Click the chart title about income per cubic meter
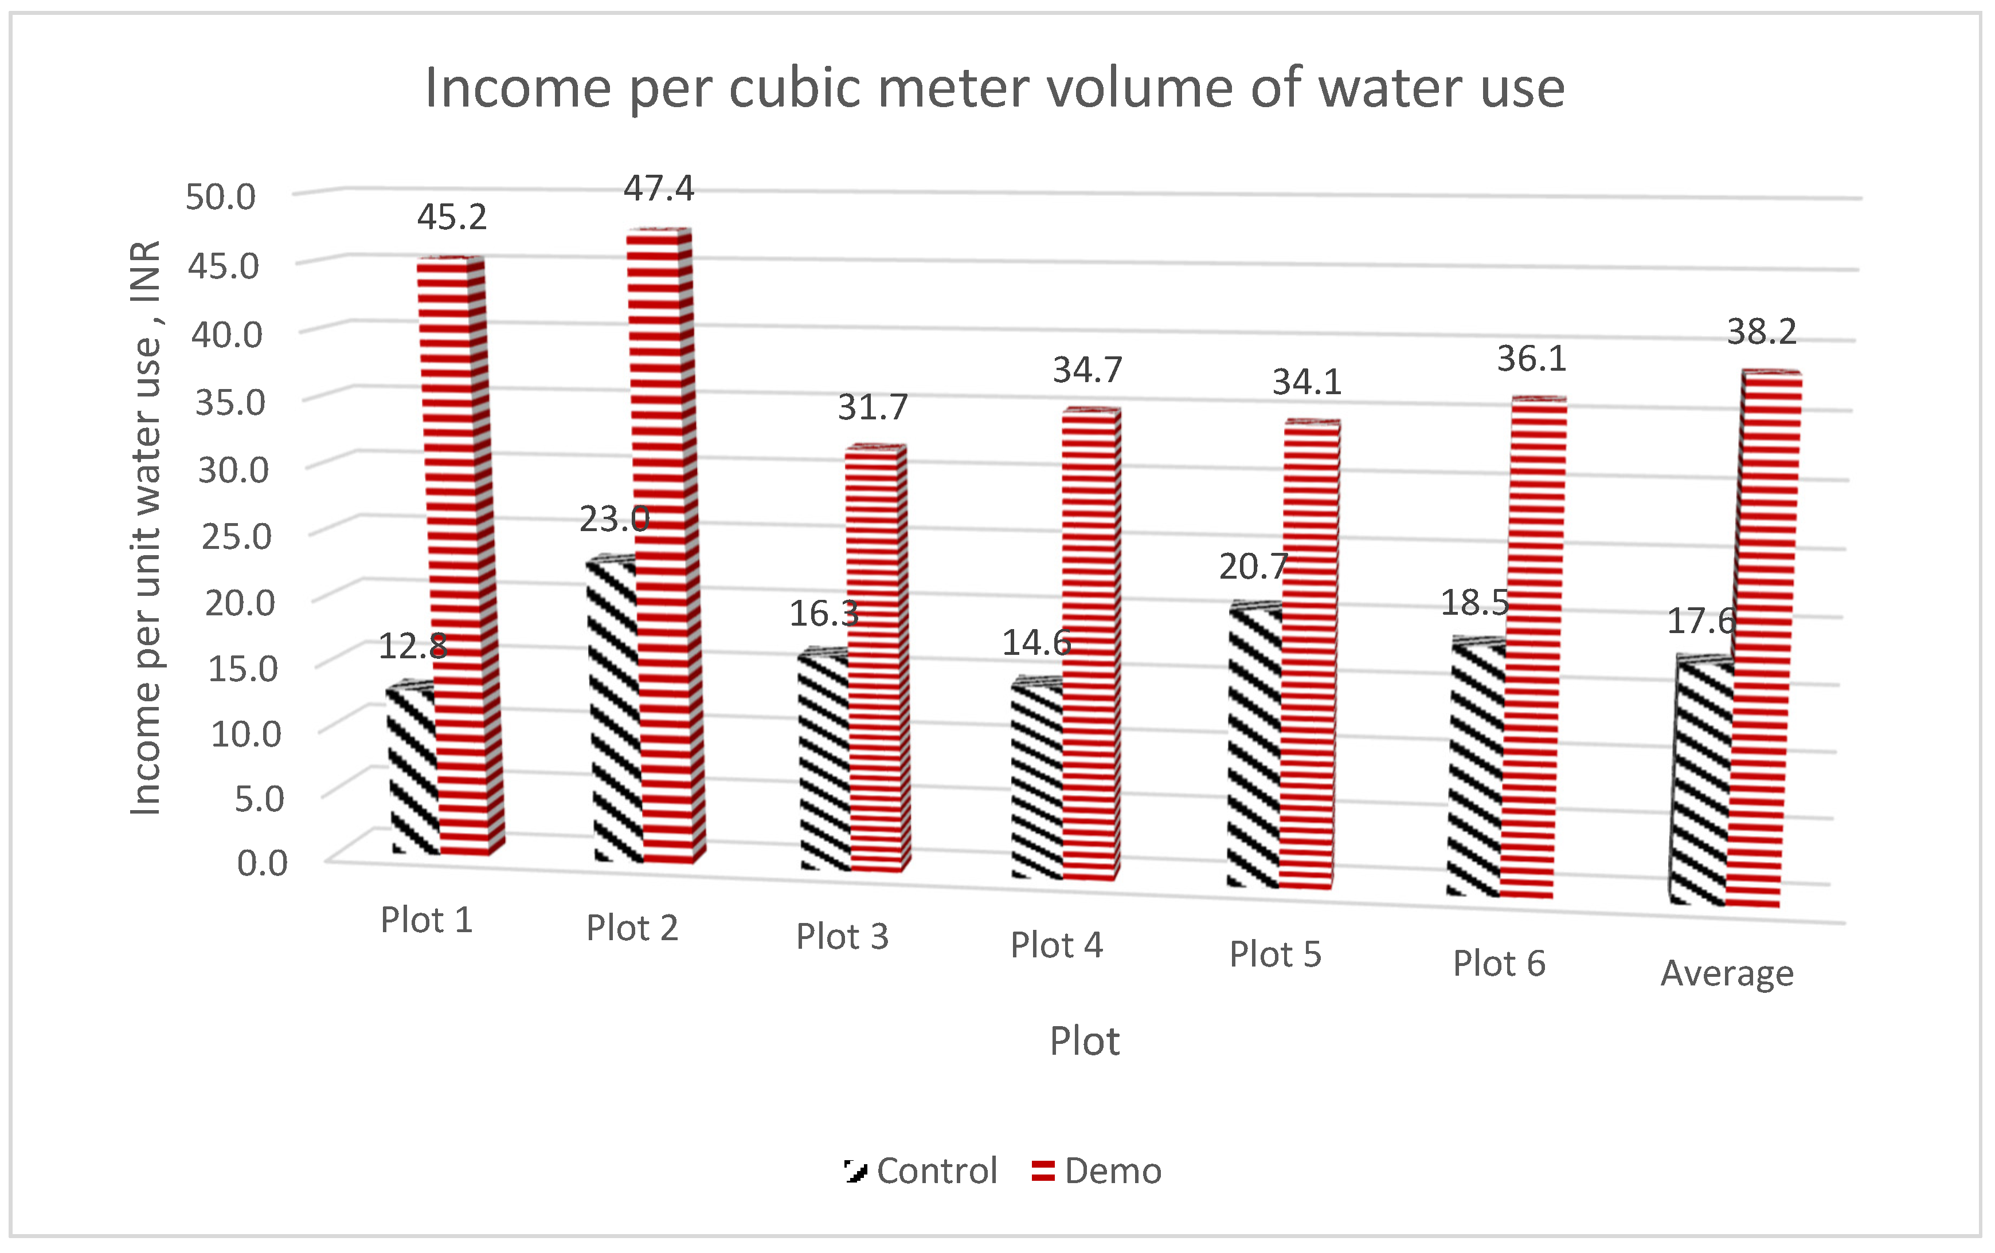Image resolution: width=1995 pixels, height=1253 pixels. [994, 88]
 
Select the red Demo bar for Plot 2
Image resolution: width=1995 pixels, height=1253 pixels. [663, 547]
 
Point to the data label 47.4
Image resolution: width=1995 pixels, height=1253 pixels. [659, 189]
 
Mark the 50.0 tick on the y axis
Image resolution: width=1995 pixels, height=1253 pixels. [220, 197]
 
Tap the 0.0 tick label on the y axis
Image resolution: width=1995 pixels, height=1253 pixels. [262, 863]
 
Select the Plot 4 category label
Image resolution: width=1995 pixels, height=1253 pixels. [1057, 945]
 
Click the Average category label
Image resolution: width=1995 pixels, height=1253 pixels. [1727, 973]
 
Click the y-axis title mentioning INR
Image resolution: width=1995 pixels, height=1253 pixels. [146, 528]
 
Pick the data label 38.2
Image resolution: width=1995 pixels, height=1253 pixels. [1761, 332]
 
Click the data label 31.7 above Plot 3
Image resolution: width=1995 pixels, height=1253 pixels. [873, 407]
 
